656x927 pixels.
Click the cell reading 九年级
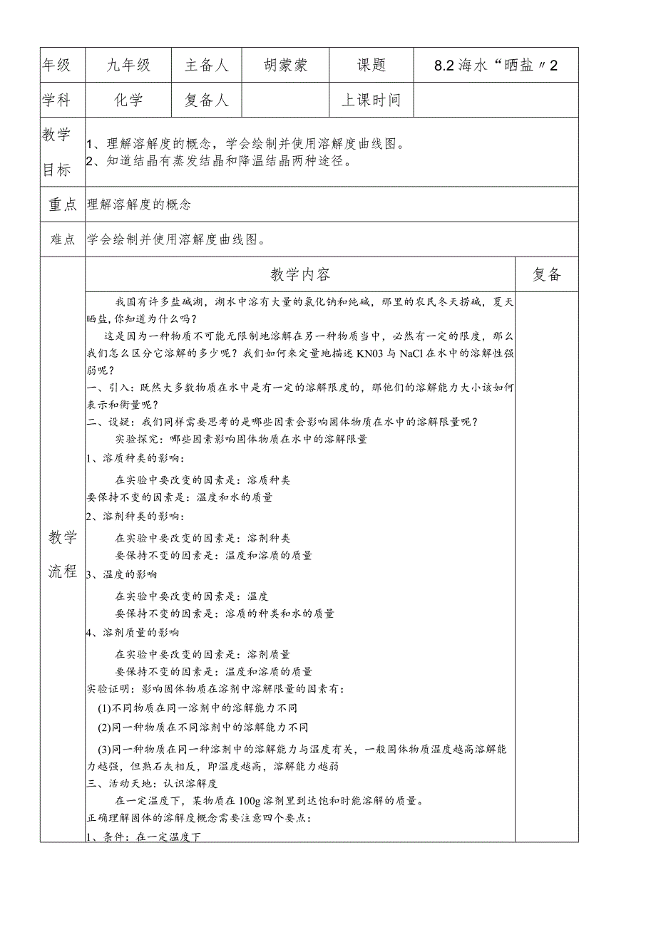(x=128, y=66)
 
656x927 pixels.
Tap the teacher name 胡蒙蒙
(x=285, y=66)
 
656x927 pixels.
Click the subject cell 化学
(x=128, y=100)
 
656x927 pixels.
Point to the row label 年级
(x=57, y=66)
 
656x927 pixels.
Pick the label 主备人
(x=207, y=66)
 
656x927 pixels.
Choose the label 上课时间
(x=371, y=100)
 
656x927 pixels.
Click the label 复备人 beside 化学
(x=207, y=100)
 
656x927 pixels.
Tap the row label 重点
(x=62, y=204)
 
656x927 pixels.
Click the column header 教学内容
(x=300, y=275)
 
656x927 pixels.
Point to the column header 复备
(x=547, y=275)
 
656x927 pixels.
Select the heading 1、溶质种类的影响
(x=135, y=457)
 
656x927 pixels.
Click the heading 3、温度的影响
(x=121, y=574)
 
